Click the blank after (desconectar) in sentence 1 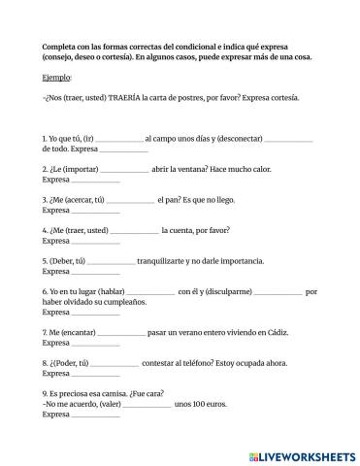click(288, 139)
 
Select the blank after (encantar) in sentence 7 click(121, 333)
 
